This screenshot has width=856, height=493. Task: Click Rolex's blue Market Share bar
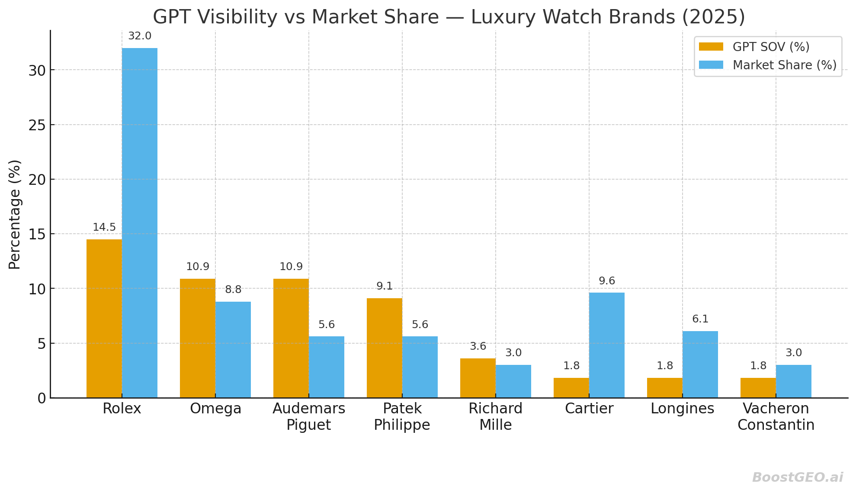(139, 223)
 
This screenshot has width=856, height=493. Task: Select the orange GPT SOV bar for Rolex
(104, 319)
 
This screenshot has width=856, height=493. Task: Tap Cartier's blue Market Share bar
(606, 345)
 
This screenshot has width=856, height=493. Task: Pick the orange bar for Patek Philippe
(384, 348)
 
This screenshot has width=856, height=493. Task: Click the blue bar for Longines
(700, 364)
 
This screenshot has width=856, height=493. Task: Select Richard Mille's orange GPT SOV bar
(478, 378)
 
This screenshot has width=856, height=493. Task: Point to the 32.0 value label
(140, 36)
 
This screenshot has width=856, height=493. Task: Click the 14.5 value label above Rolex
(104, 228)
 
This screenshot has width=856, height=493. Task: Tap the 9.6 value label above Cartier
(606, 281)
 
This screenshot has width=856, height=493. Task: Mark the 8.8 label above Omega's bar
(233, 290)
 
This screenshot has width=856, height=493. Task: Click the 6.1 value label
(700, 319)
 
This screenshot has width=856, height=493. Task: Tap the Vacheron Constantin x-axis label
(776, 416)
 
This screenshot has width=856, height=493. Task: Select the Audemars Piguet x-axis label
(309, 416)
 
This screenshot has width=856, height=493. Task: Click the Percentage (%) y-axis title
(15, 214)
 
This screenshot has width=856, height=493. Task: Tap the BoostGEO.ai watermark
(797, 477)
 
